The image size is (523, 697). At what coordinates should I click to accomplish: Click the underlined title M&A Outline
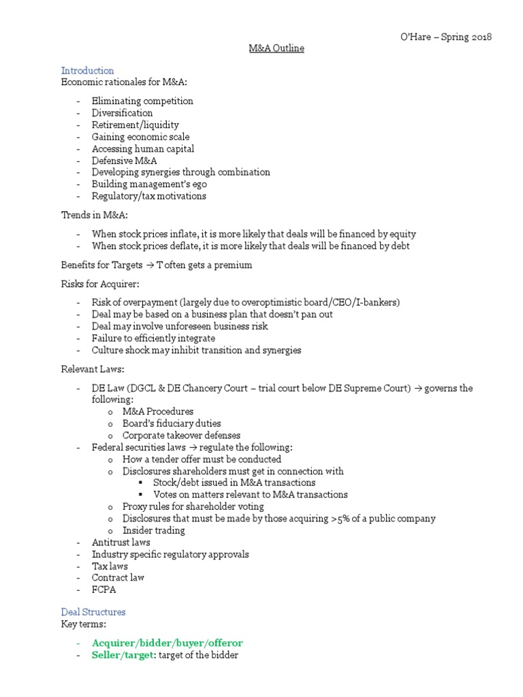point(275,48)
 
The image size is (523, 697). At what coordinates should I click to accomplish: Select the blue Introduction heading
point(87,71)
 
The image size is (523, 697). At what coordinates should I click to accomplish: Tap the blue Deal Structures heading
point(93,612)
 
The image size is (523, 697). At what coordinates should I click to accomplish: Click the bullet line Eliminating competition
point(142,101)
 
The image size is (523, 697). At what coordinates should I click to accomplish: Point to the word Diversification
point(123,113)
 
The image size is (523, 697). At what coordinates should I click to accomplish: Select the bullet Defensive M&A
point(125,161)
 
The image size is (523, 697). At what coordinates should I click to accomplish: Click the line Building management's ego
point(149,184)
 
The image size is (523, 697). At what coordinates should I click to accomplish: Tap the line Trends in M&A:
point(91,215)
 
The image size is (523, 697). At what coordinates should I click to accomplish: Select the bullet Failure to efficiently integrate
point(153,338)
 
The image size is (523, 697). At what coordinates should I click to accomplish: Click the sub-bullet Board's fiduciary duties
point(172,423)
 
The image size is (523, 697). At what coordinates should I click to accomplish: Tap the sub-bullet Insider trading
point(153,530)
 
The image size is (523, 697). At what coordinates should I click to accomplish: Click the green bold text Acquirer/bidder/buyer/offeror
point(167,643)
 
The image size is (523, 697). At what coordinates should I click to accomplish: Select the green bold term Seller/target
point(123,655)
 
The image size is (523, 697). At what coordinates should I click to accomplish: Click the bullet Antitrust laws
point(118,542)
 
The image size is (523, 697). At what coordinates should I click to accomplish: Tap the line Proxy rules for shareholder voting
point(193,506)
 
